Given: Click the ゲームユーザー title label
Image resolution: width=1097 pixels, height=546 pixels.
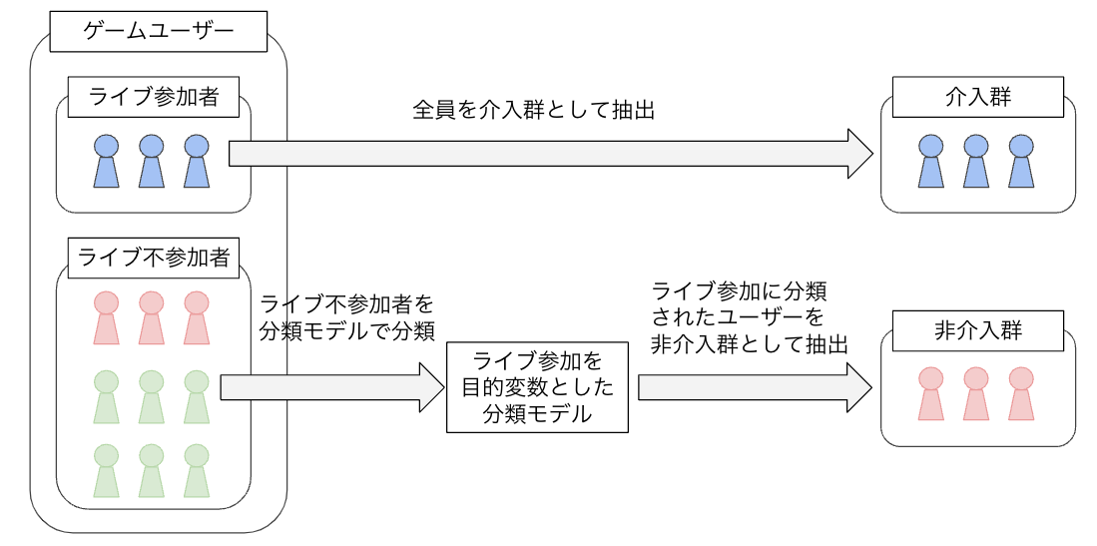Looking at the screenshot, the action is pyautogui.click(x=158, y=31).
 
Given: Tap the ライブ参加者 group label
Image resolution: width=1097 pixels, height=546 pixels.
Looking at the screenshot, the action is pyautogui.click(x=153, y=97).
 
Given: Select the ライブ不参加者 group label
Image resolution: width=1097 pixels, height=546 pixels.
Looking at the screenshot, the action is pyautogui.click(x=153, y=259).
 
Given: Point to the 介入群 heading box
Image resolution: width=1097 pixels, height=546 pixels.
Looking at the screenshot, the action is pyautogui.click(x=978, y=97).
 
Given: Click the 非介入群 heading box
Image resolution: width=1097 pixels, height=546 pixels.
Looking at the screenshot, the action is pyautogui.click(x=978, y=330).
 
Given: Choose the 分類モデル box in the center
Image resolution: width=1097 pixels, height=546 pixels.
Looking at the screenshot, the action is pyautogui.click(x=537, y=387).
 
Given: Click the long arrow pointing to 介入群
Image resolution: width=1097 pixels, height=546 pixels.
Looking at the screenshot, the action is pyautogui.click(x=551, y=154).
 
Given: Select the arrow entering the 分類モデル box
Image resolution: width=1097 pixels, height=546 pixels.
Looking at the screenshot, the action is pyautogui.click(x=332, y=387).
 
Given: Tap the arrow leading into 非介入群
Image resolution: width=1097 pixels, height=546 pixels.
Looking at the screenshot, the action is pyautogui.click(x=756, y=387).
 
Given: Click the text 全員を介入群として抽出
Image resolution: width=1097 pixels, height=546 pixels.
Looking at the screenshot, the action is pyautogui.click(x=534, y=111).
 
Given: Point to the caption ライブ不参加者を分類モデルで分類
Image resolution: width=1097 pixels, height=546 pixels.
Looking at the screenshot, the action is pyautogui.click(x=347, y=317).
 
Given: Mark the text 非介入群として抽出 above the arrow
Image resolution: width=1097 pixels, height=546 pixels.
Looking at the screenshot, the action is pyautogui.click(x=750, y=344).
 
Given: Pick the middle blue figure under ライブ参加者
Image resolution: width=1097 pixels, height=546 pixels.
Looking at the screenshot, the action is pyautogui.click(x=152, y=161).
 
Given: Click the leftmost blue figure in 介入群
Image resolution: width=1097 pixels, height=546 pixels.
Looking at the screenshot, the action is pyautogui.click(x=931, y=161).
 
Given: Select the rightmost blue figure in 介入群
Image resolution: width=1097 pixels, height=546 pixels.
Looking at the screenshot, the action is pyautogui.click(x=1021, y=161).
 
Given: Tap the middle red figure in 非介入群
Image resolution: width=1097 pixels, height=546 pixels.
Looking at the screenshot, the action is pyautogui.click(x=976, y=393).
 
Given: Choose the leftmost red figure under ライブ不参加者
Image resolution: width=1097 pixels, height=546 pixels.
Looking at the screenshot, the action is pyautogui.click(x=107, y=317).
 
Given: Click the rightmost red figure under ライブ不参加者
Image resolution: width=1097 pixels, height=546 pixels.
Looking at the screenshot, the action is pyautogui.click(x=197, y=317).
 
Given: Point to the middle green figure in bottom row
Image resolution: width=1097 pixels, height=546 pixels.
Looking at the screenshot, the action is pyautogui.click(x=152, y=470).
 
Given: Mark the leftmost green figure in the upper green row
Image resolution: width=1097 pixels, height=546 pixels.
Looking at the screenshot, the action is pyautogui.click(x=107, y=397).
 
